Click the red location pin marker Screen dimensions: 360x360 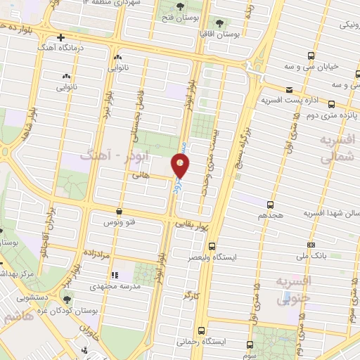click(181, 165)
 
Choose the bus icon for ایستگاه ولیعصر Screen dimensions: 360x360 click(212, 245)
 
